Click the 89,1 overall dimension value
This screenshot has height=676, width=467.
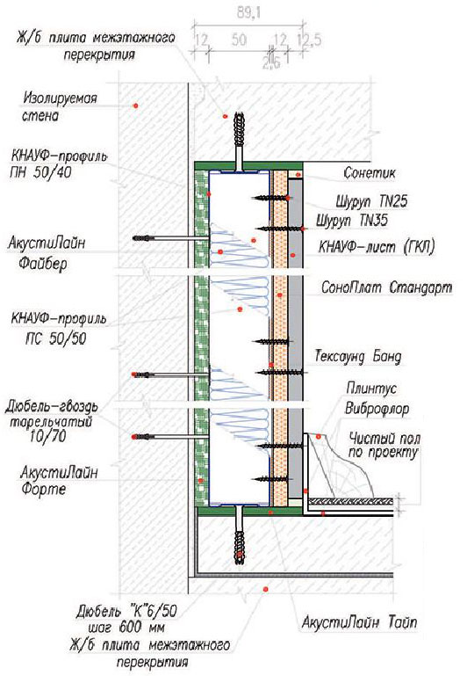coord(246,13)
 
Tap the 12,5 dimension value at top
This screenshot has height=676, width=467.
coord(309,40)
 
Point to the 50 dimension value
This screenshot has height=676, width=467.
coord(239,40)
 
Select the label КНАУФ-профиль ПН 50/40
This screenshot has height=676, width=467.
coord(58,164)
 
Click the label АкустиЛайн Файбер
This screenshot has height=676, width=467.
coord(47,252)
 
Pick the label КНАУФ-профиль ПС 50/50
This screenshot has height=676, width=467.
coord(58,330)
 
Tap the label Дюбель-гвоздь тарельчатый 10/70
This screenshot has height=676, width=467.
coord(51,421)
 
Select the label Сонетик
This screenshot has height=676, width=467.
coord(370,173)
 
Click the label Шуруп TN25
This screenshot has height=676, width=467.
coord(371,201)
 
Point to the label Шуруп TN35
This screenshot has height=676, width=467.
coord(352,221)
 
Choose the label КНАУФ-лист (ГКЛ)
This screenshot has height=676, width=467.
coord(377,247)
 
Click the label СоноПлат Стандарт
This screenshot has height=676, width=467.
coord(386,287)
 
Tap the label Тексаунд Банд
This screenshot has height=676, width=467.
coord(358,357)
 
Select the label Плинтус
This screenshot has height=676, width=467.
coord(371,389)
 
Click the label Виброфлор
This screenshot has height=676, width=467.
coord(377,408)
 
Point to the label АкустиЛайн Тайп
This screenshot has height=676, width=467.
coord(359,622)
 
